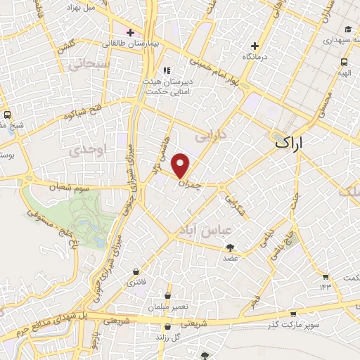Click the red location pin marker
click(x=182, y=165)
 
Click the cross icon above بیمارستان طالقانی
click(x=129, y=32)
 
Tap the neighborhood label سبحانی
click(x=86, y=64)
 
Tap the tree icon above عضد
click(x=230, y=247)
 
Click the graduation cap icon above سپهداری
click(x=348, y=30)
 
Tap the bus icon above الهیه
click(x=344, y=62)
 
